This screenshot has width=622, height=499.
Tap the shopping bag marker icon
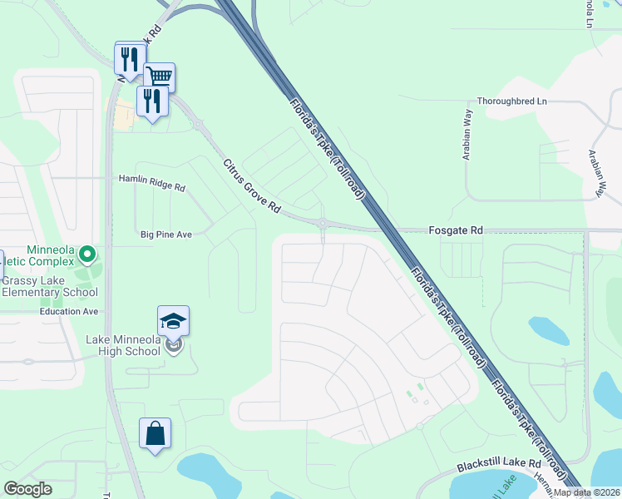(x=155, y=433)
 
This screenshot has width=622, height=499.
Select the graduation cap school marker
(x=173, y=321)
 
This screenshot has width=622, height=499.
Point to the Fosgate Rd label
(x=455, y=230)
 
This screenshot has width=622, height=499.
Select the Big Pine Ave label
(x=166, y=235)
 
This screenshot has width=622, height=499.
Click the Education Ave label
(x=69, y=311)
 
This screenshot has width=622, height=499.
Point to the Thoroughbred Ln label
(x=512, y=101)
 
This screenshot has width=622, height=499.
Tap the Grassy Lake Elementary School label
(x=50, y=286)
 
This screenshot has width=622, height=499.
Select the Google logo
(x=27, y=489)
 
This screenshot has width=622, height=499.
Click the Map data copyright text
(x=586, y=492)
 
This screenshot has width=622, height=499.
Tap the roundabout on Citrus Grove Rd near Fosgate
(x=322, y=222)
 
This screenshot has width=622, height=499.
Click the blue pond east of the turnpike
(x=548, y=331)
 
